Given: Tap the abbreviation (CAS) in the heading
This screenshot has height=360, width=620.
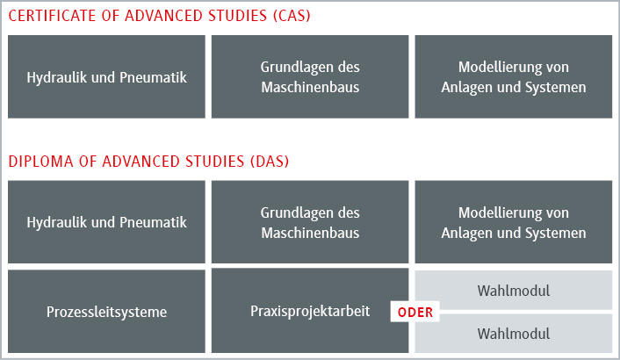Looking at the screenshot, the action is pyautogui.click(x=292, y=16).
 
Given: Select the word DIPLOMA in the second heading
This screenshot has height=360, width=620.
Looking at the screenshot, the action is pyautogui.click(x=40, y=162).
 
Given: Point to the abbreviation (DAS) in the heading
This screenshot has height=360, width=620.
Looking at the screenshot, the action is pyautogui.click(x=270, y=162).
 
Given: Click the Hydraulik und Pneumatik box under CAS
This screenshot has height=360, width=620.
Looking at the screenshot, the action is pyautogui.click(x=107, y=76).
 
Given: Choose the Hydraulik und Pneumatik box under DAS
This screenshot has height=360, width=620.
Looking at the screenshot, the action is pyautogui.click(x=107, y=222).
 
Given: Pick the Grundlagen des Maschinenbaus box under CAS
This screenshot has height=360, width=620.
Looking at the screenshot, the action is pyautogui.click(x=310, y=76).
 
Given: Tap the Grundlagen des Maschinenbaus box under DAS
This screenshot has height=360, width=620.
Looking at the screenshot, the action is pyautogui.click(x=310, y=222).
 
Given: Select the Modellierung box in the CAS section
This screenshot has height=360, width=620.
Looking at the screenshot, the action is pyautogui.click(x=514, y=76).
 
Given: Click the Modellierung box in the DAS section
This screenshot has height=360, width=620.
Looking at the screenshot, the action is pyautogui.click(x=514, y=222).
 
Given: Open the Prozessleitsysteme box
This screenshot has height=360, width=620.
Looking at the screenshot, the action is pyautogui.click(x=107, y=312).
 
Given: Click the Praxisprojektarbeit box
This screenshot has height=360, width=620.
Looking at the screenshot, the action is pyautogui.click(x=310, y=311).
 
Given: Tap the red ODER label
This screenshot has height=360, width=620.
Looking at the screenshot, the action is pyautogui.click(x=415, y=313).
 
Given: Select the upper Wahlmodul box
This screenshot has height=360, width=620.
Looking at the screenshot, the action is pyautogui.click(x=514, y=291).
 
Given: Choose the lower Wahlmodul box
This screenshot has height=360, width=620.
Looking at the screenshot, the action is pyautogui.click(x=514, y=334).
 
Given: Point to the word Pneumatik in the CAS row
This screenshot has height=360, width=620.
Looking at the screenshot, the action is pyautogui.click(x=153, y=77).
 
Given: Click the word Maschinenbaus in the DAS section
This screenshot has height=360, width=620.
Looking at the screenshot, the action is pyautogui.click(x=310, y=233).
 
